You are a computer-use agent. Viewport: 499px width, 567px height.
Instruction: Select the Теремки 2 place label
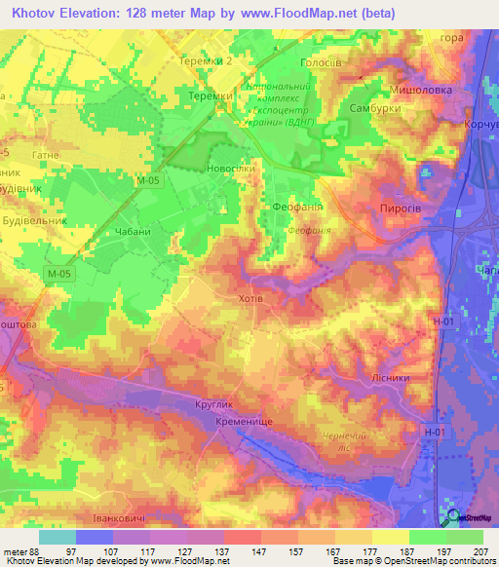208,60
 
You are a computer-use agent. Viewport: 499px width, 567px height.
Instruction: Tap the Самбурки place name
375,109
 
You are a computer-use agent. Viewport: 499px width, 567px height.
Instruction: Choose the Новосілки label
232,169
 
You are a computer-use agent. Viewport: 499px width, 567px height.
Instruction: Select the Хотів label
250,299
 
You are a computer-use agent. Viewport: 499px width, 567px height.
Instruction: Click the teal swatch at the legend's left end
58,537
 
